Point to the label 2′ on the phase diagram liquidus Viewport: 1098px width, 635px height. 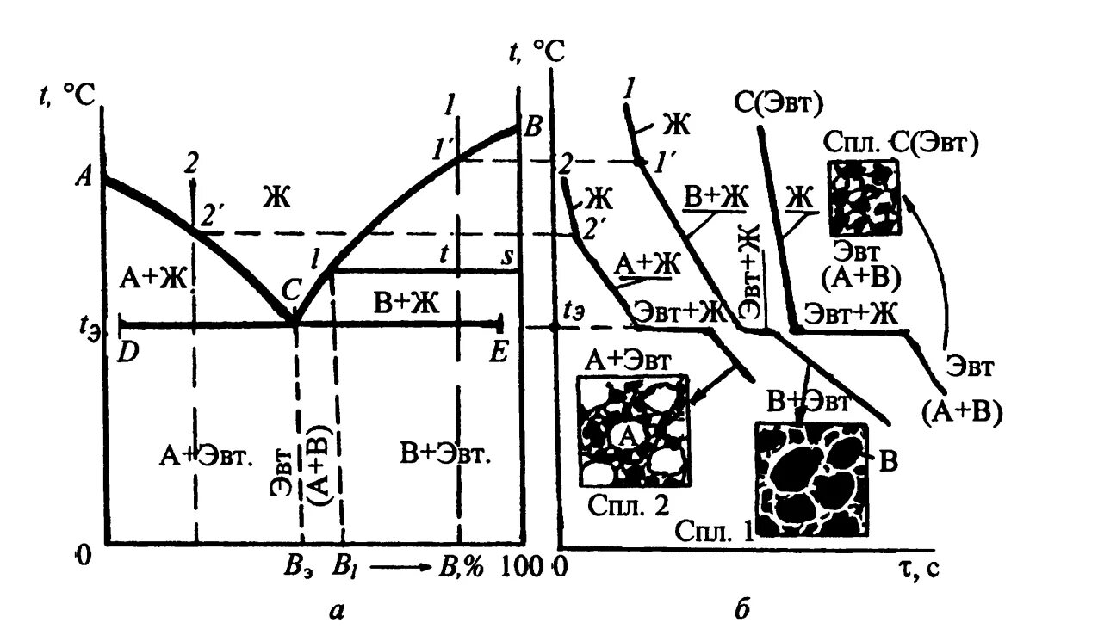(212, 215)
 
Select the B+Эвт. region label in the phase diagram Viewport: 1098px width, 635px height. (446, 453)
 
